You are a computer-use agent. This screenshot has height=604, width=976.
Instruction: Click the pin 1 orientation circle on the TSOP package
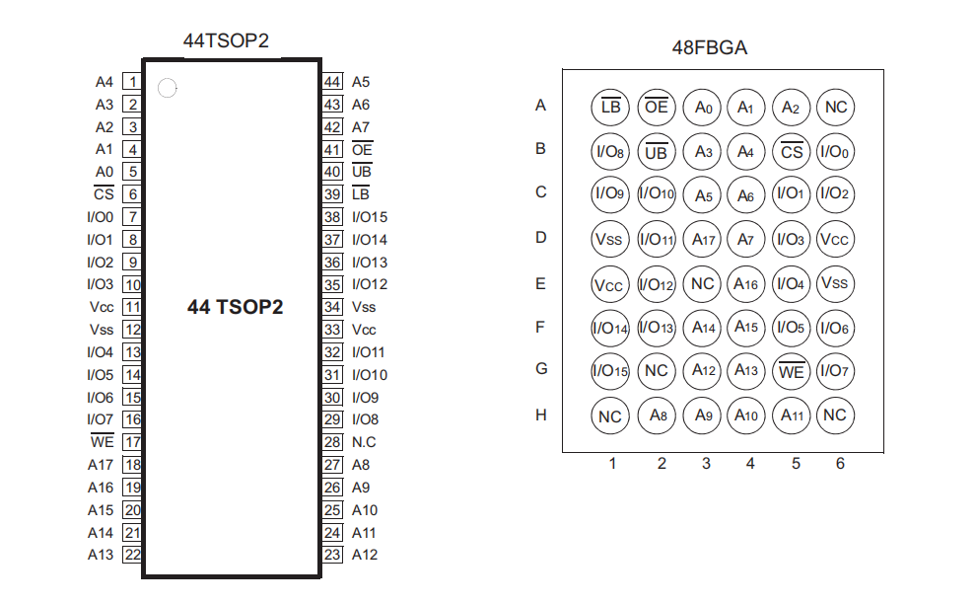click(x=168, y=89)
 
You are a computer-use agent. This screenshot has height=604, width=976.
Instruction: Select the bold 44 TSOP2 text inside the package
click(x=236, y=307)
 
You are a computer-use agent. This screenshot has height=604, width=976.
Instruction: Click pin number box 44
click(x=332, y=82)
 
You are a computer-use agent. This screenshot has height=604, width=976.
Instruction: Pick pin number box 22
click(x=132, y=555)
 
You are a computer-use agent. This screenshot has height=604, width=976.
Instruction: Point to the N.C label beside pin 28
click(x=364, y=442)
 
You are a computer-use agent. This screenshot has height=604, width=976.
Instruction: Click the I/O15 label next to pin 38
click(x=370, y=217)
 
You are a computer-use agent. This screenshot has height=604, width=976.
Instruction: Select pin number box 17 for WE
click(x=132, y=442)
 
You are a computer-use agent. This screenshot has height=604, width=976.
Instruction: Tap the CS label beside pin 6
click(x=103, y=194)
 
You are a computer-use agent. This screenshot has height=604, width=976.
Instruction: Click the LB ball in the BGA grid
click(x=610, y=107)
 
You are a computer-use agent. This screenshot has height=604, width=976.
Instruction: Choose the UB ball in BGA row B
click(x=656, y=151)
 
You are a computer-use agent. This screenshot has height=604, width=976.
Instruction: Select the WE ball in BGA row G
click(x=791, y=371)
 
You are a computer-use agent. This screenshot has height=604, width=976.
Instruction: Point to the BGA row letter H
click(x=540, y=415)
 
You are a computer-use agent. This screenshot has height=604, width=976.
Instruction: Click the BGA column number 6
click(x=840, y=463)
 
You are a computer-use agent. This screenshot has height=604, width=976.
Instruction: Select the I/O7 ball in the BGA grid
click(x=835, y=371)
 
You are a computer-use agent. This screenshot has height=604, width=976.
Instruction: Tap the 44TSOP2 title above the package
click(x=226, y=41)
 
